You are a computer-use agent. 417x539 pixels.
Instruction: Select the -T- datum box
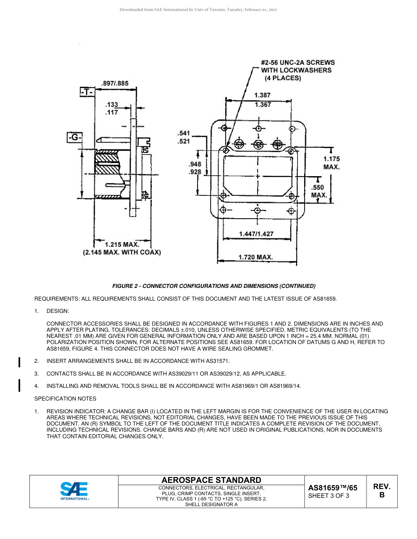[x=87, y=92]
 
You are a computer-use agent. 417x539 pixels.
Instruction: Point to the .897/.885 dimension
[x=115, y=83]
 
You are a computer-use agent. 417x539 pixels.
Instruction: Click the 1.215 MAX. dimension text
[x=122, y=244]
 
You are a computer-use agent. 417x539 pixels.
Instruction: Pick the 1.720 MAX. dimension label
[x=255, y=257]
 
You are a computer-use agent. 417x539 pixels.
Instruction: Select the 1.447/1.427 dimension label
[x=256, y=234]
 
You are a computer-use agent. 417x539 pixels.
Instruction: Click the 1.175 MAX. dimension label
[x=331, y=163]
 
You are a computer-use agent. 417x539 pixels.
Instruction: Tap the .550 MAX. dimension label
[x=320, y=191]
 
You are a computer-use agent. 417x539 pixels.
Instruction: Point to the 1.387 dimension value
[x=262, y=95]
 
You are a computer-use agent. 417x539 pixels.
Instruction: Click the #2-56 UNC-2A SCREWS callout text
[x=298, y=63]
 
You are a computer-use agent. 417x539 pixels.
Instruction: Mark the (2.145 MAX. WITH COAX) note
[x=122, y=252]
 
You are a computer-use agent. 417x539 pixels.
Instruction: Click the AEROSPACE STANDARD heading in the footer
[x=211, y=480]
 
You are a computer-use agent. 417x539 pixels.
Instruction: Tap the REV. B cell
[x=381, y=491]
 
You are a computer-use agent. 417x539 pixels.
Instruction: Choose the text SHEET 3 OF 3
[x=329, y=496]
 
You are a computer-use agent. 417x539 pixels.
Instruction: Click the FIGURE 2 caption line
[x=214, y=286]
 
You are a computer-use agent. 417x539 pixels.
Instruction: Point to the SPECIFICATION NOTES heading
[x=65, y=399]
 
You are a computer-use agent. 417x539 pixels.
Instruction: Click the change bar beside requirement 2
[x=19, y=362]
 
